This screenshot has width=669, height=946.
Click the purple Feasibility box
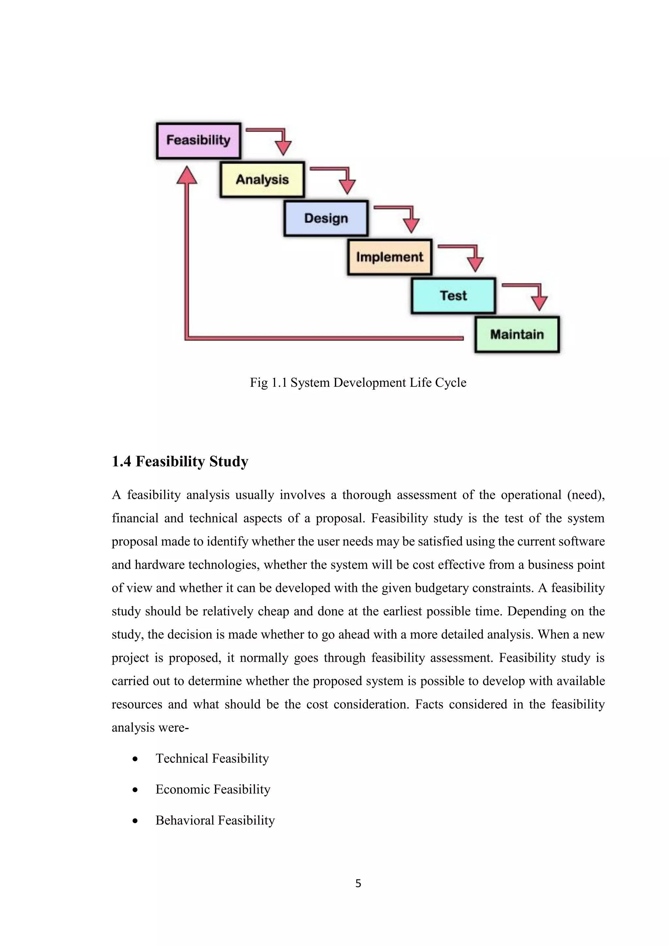click(x=198, y=140)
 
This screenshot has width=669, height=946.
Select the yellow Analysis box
click(x=262, y=180)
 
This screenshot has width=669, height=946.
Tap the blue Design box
click(x=326, y=219)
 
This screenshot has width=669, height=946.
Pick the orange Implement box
click(x=389, y=257)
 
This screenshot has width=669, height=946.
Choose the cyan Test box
click(x=453, y=296)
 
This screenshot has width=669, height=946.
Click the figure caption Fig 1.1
click(x=358, y=383)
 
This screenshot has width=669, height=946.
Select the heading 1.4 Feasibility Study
click(x=180, y=462)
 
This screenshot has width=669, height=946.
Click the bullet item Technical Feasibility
click(x=212, y=758)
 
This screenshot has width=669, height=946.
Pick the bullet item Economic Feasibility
click(x=213, y=790)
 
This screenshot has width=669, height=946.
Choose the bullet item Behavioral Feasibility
click(x=215, y=820)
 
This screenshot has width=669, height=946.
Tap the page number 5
click(x=358, y=883)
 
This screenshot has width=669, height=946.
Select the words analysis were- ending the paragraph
click(x=150, y=727)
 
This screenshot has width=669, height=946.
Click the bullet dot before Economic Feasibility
click(x=135, y=790)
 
